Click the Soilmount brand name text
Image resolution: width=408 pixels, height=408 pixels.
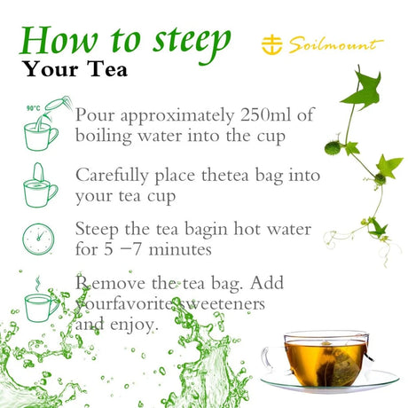pyautogui.click(x=336, y=45)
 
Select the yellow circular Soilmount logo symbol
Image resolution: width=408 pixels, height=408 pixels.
pyautogui.click(x=271, y=44)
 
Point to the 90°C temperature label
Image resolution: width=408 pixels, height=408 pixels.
pyautogui.click(x=33, y=108)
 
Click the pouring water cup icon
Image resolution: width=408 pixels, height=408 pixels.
pyautogui.click(x=44, y=123)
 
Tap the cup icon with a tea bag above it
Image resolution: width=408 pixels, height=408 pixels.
pyautogui.click(x=41, y=185)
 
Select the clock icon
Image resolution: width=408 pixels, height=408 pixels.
pyautogui.click(x=38, y=239)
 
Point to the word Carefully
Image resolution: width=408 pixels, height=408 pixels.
pyautogui.click(x=112, y=176)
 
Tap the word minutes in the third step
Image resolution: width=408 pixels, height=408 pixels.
pyautogui.click(x=180, y=249)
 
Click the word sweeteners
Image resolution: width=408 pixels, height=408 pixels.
pyautogui.click(x=223, y=303)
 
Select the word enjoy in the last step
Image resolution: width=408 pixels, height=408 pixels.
pyautogui.click(x=133, y=325)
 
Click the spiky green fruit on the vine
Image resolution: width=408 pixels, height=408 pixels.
pyautogui.click(x=333, y=148)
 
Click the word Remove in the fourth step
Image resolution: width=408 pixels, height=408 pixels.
pyautogui.click(x=110, y=283)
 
